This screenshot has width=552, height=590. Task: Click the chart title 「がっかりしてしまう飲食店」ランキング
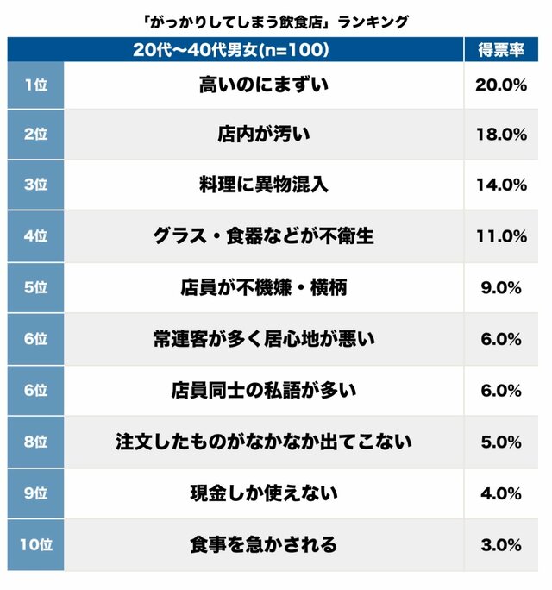[276, 21]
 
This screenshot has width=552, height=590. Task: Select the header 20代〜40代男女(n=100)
[230, 50]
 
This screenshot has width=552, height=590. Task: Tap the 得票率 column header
[501, 50]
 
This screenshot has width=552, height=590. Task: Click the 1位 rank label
[35, 85]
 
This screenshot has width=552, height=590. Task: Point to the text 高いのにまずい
[264, 85]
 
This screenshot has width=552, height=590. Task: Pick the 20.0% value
[501, 85]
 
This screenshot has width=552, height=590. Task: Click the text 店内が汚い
[264, 134]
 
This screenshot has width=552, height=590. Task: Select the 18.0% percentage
[501, 134]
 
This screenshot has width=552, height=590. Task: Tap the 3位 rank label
[35, 185]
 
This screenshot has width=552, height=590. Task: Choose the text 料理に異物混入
[264, 185]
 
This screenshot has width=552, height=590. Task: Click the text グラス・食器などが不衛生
[264, 236]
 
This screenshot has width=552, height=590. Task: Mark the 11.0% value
[501, 236]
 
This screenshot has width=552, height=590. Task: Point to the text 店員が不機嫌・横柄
[264, 288]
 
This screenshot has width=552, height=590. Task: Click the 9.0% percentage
[501, 288]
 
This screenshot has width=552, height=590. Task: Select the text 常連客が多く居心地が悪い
[264, 339]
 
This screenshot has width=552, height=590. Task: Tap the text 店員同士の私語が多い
[264, 391]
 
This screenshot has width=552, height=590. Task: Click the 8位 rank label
[35, 442]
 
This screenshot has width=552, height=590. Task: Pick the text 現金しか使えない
[264, 494]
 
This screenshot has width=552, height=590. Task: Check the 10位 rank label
[35, 545]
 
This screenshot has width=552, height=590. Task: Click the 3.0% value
[501, 545]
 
